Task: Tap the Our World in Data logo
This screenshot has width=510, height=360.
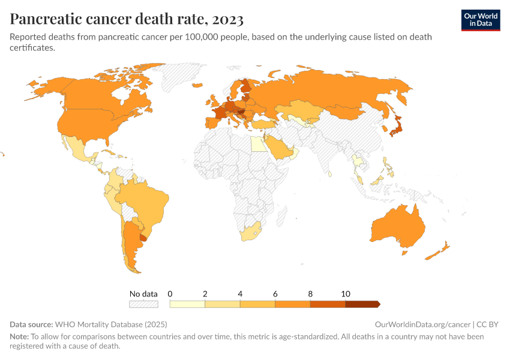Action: (480, 20)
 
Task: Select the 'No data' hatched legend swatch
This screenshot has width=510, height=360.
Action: (143, 304)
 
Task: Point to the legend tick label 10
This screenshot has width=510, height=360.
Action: (346, 294)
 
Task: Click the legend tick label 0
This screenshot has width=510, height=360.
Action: (170, 294)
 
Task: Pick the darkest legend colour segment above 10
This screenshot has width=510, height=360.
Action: (362, 304)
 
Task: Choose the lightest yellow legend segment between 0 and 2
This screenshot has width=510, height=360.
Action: (187, 304)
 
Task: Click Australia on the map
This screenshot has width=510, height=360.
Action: (397, 227)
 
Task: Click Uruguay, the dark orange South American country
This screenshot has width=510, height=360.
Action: (143, 238)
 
